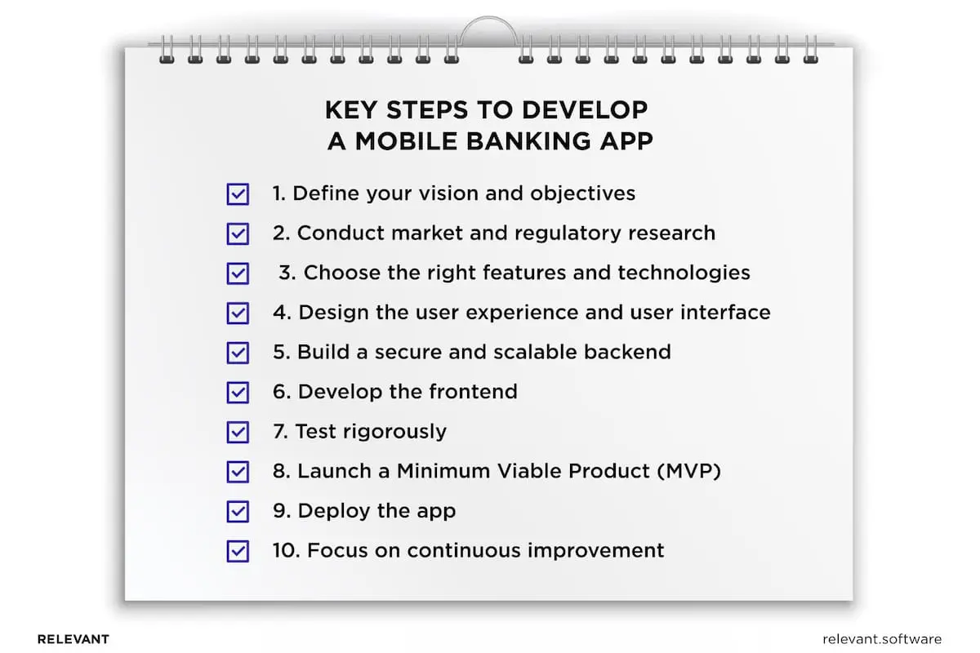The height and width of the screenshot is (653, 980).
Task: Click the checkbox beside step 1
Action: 238,194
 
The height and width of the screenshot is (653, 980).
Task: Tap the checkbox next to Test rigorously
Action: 238,432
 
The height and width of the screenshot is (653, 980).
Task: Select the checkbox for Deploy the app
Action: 238,512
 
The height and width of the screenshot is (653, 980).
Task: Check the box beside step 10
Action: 238,551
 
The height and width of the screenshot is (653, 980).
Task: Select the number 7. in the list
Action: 280,432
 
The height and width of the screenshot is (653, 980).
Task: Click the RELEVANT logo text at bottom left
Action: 73,639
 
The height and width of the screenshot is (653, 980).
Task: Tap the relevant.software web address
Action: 883,639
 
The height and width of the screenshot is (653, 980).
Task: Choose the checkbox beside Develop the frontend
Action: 238,392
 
